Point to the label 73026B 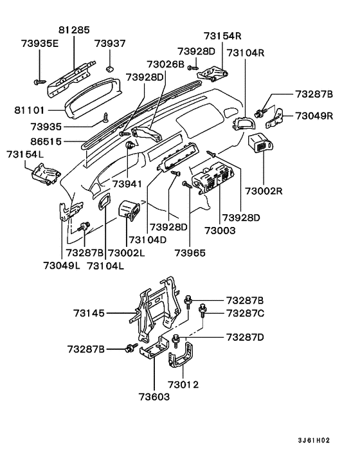tap(165, 65)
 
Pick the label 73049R tap(314, 116)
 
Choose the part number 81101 tap(30, 111)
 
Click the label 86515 tap(30, 138)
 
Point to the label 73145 tap(89, 314)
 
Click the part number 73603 tap(152, 397)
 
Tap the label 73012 tap(183, 385)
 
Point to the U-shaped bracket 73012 tap(183, 361)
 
